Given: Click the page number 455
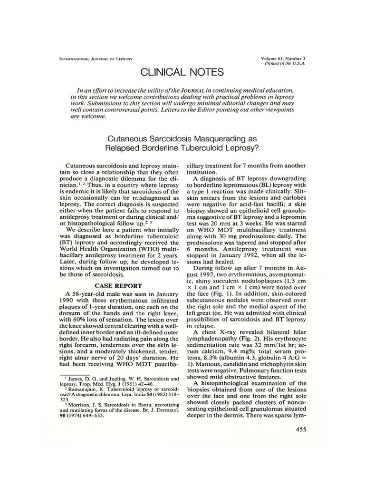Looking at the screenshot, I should tap(301, 429).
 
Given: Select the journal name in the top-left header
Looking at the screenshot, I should tap(95, 58).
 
